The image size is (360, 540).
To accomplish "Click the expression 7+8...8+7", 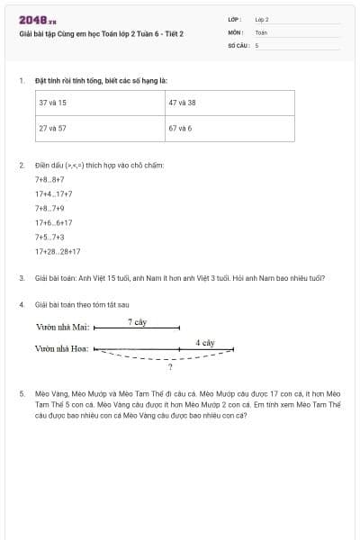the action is click(x=49, y=179).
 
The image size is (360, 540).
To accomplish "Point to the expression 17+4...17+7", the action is click(x=54, y=193).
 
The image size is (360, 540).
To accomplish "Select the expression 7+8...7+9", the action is click(x=49, y=208).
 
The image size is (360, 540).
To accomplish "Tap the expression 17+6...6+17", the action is click(x=54, y=222).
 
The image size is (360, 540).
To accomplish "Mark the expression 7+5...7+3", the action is click(x=49, y=237).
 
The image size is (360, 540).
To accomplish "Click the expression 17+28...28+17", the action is click(x=58, y=251).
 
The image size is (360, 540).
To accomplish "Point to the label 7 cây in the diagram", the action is click(x=137, y=321).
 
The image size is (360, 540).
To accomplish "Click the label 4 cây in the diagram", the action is click(x=205, y=343).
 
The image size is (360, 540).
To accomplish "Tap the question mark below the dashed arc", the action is click(x=170, y=367).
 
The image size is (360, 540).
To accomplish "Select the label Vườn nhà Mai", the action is click(x=62, y=328).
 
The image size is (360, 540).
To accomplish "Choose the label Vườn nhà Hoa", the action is click(x=62, y=348).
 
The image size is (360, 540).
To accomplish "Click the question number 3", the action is click(x=22, y=278).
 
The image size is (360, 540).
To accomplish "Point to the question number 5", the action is click(x=22, y=393).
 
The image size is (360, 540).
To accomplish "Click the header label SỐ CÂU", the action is click(x=238, y=44).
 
